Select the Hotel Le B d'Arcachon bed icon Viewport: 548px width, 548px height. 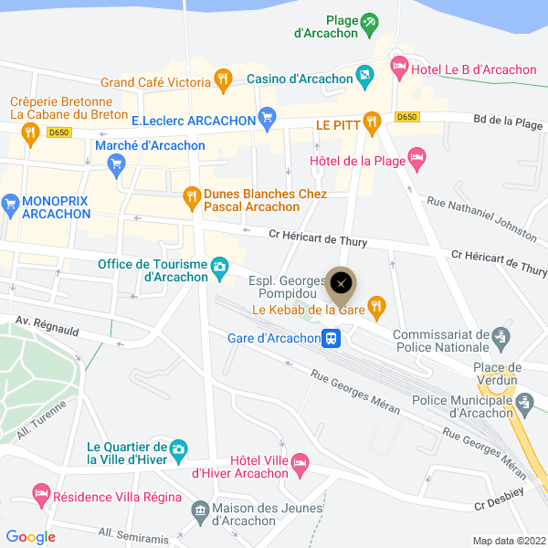[x=399, y=66]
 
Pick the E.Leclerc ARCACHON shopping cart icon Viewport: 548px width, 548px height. [x=267, y=116]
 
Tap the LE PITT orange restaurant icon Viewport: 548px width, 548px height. [x=371, y=121]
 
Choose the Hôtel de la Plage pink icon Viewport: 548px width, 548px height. [x=416, y=159]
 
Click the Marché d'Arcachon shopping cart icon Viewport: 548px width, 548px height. [x=116, y=164]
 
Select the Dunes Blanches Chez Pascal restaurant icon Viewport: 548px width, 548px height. [x=191, y=195]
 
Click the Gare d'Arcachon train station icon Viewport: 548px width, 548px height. [x=332, y=339]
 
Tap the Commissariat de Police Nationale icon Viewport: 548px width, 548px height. [x=500, y=338]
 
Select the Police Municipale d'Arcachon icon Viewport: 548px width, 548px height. [x=524, y=402]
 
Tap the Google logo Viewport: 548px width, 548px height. [x=30, y=537]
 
